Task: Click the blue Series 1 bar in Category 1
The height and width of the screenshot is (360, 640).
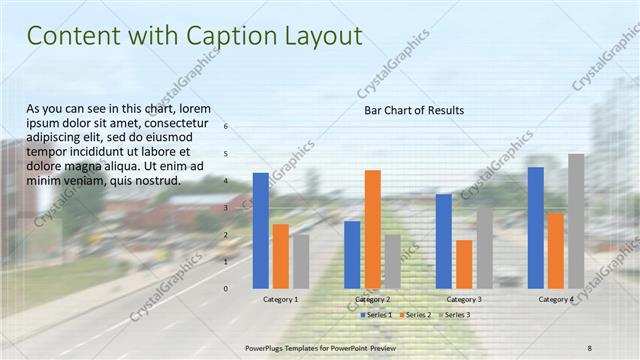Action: point(260,230)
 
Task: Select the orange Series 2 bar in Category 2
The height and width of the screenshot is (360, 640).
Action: point(372,229)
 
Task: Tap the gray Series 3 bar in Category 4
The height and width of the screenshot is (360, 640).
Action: point(576,221)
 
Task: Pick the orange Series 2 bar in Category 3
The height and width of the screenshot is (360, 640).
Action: point(464,264)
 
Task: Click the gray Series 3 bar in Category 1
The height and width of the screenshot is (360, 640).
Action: point(301,261)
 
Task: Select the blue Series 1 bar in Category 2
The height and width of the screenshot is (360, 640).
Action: point(352,254)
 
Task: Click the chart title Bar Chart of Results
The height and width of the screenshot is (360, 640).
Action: point(413,110)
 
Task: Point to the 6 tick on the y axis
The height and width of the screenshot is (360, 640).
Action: point(226,126)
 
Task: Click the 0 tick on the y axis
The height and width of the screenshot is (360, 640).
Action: point(226,288)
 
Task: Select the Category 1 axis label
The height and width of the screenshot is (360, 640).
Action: point(280,299)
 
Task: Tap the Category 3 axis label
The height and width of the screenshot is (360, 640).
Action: point(464,299)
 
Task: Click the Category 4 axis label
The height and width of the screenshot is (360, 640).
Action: point(556,299)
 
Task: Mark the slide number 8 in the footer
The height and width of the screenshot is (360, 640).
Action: point(590,347)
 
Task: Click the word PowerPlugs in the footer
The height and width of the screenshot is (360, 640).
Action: point(266,347)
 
